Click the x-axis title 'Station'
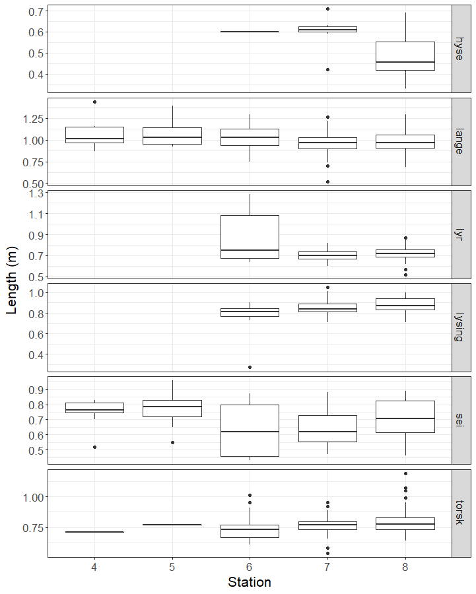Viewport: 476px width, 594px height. tap(250, 582)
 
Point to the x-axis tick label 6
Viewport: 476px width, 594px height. tap(250, 567)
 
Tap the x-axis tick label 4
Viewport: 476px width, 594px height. tap(94, 567)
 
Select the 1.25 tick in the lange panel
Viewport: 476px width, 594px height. tap(33, 119)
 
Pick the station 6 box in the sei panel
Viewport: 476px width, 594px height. tap(250, 430)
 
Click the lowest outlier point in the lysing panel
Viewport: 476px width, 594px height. tap(250, 367)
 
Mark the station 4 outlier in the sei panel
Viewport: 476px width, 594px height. tap(94, 447)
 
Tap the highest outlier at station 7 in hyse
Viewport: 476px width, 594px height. tap(327, 9)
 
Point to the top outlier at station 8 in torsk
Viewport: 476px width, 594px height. tap(405, 473)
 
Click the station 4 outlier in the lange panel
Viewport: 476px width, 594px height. tap(94, 102)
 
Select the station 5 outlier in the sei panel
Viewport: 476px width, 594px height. tap(172, 442)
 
